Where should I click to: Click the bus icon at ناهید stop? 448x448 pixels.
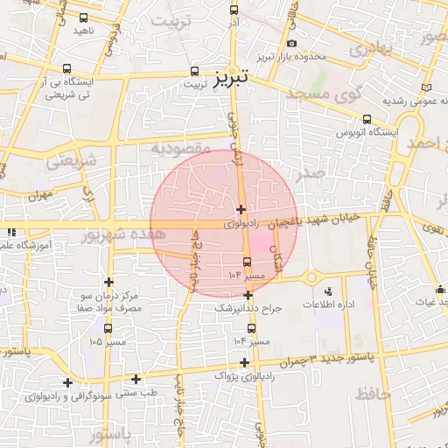(x=83, y=17)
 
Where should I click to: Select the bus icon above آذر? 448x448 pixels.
(x=233, y=10)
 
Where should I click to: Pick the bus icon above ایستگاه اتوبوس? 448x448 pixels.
(x=366, y=120)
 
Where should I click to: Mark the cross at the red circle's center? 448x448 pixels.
(x=241, y=209)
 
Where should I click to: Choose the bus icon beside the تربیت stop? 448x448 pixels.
(x=195, y=73)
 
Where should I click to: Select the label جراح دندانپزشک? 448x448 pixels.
(x=248, y=308)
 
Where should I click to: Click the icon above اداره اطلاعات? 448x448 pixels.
(x=328, y=291)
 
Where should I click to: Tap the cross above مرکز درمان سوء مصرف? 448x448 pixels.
(x=108, y=282)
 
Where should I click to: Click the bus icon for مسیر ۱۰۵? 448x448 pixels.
(x=108, y=328)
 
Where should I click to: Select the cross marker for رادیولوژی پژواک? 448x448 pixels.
(x=244, y=362)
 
